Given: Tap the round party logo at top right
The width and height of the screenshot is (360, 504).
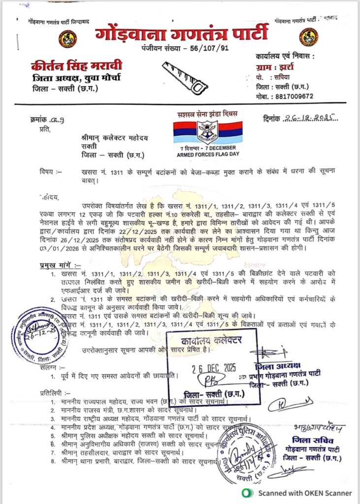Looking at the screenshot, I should (308, 37).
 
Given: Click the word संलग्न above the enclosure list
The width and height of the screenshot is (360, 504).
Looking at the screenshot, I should (50, 367).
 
